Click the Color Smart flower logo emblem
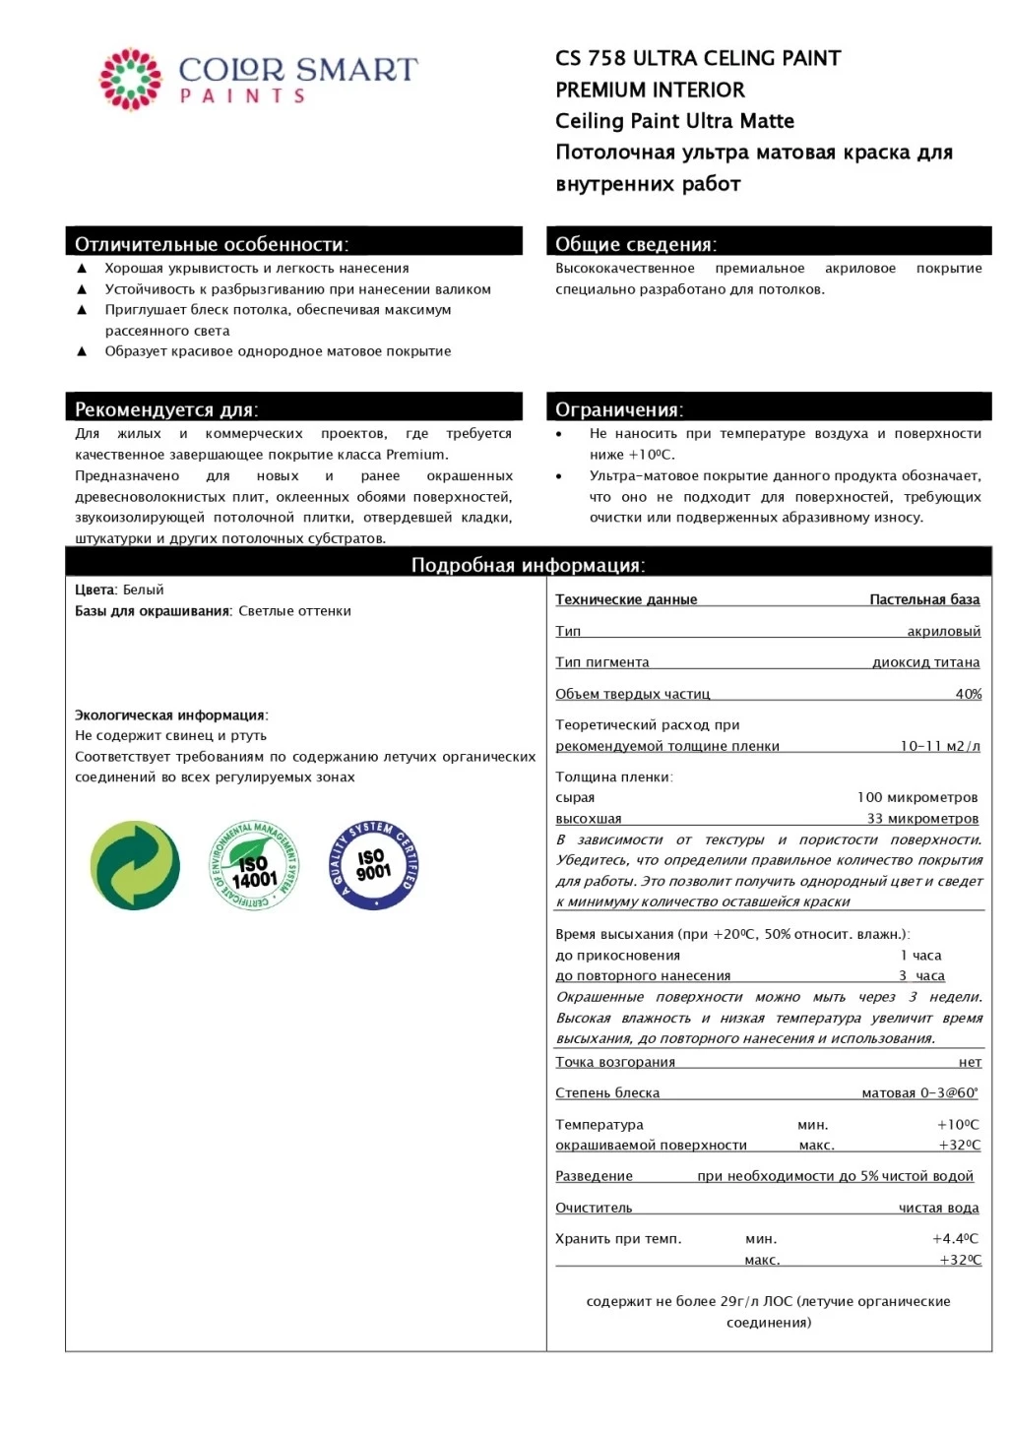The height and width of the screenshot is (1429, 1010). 130,79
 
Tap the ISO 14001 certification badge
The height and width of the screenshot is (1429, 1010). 253,865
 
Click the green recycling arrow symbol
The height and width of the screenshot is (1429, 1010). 135,865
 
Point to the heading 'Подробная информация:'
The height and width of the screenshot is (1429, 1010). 528,565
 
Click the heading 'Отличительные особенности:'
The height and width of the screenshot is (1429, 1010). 212,244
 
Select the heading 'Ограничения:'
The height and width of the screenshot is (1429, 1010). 619,409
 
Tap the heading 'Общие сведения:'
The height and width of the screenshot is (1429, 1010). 636,244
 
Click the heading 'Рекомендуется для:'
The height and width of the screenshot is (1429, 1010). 166,409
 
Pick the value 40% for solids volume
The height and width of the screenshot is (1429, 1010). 968,694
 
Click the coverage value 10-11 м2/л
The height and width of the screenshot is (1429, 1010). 939,746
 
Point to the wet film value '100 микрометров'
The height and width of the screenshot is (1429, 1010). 916,797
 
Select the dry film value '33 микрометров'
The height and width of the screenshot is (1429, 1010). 922,819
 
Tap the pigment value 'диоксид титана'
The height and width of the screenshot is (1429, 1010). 925,662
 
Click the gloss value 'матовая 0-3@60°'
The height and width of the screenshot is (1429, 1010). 919,1093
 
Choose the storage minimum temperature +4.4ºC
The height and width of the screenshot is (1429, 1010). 955,1239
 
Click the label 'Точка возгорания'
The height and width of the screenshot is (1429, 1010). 615,1062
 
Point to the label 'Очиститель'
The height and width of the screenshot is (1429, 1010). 594,1208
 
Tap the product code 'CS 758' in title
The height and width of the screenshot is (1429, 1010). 591,58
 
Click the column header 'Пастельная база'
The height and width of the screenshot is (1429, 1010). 924,599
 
